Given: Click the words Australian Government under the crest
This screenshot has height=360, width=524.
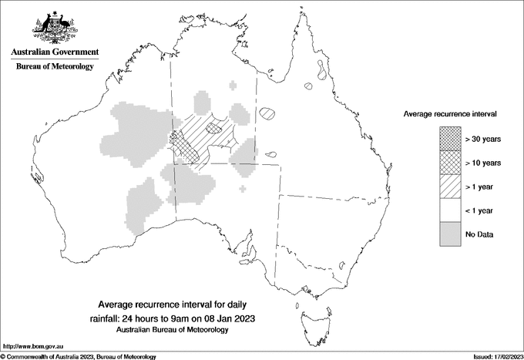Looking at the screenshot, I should [x=55, y=52].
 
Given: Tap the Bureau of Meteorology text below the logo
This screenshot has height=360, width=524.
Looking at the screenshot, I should [x=55, y=67].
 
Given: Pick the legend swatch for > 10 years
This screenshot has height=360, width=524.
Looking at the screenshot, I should [x=451, y=162].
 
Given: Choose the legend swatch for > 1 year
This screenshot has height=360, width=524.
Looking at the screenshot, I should [x=451, y=186].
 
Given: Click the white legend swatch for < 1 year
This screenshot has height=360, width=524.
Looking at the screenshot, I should [x=451, y=210].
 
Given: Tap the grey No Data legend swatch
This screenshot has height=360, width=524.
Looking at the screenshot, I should [x=451, y=234].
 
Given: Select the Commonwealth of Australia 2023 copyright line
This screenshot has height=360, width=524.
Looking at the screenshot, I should [x=79, y=356].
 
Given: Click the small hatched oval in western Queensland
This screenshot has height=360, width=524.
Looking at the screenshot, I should [x=267, y=113].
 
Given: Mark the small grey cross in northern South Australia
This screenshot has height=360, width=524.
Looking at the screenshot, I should [x=244, y=187].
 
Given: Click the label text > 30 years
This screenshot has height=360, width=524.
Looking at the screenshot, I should [x=483, y=138].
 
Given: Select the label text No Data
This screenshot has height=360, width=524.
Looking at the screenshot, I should [x=480, y=234].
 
